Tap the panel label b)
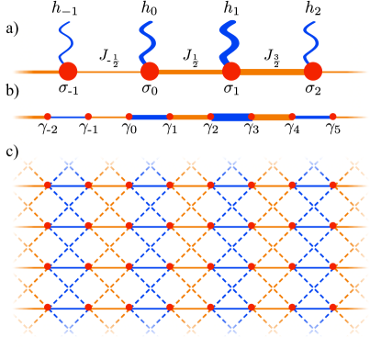11,91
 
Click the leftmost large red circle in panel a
68,71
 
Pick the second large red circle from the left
150,71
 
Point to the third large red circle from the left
231,71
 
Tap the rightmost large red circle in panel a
313,71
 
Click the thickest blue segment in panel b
231,117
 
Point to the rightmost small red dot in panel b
332,117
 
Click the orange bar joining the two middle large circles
190,71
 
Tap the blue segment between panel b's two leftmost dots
67,117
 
